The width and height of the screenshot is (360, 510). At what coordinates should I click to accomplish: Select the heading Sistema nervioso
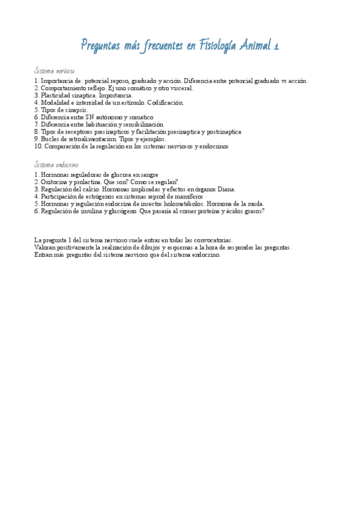tap(55, 71)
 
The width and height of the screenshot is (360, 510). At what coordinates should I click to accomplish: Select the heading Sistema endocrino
tap(56, 165)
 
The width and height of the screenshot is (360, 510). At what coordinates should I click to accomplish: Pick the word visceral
tap(180, 88)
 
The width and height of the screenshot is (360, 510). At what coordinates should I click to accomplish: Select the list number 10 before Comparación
tap(38, 146)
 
